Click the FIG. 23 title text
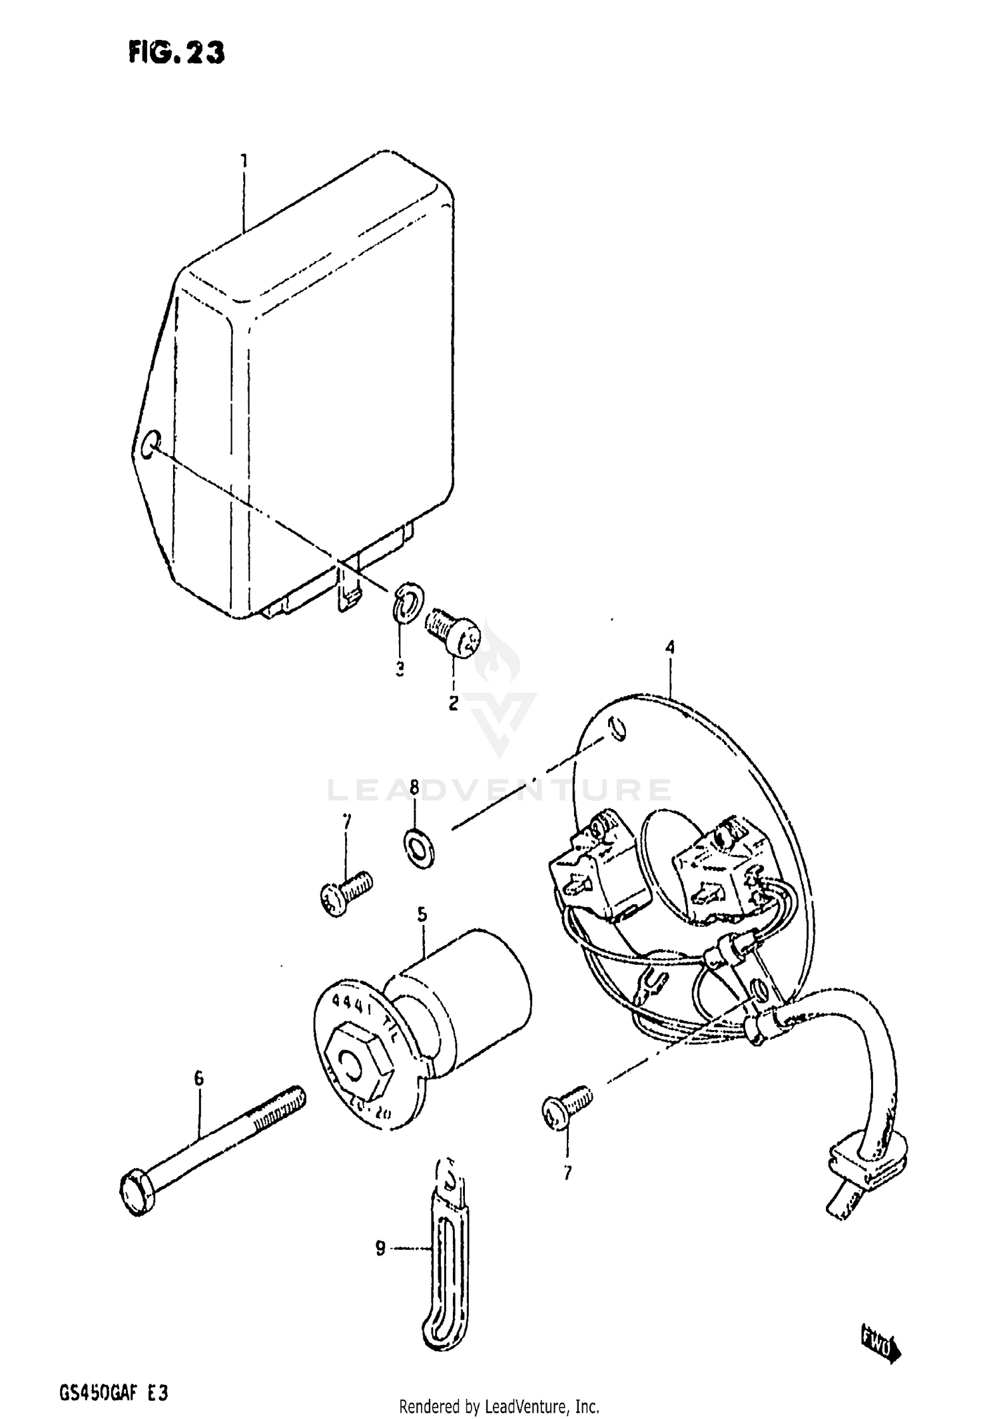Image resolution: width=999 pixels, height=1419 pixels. [x=176, y=52]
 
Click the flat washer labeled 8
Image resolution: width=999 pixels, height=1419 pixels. [x=419, y=848]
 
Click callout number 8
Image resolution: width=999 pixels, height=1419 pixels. [x=414, y=788]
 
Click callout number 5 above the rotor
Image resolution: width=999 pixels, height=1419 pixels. [x=422, y=915]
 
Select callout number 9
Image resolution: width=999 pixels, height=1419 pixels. [x=380, y=1249]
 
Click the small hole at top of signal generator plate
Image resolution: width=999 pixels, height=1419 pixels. [x=617, y=728]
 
